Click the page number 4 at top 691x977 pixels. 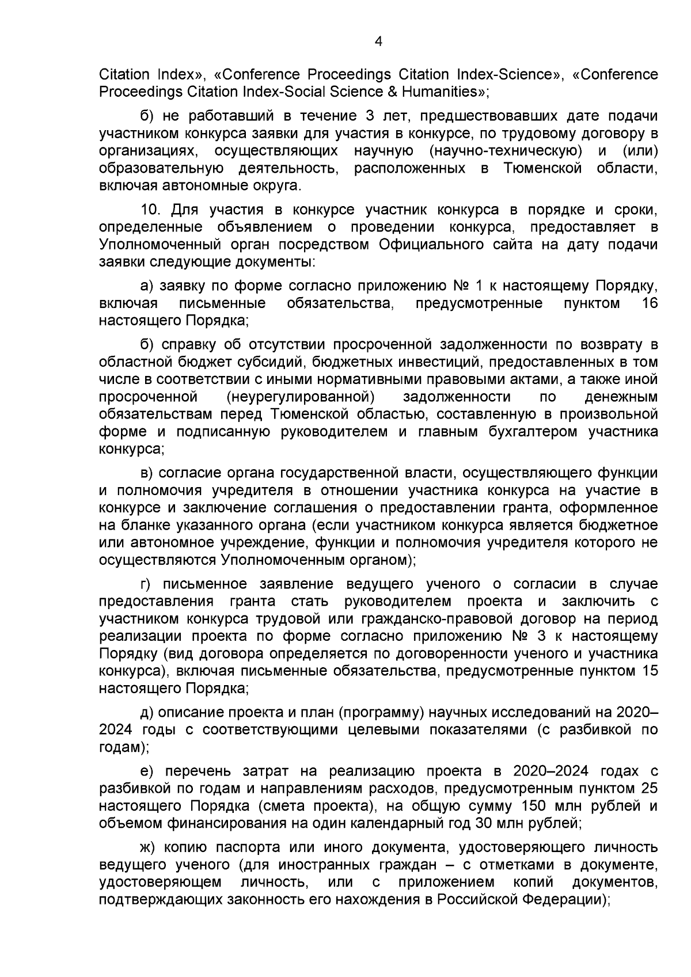378,41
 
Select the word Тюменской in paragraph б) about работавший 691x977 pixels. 542,169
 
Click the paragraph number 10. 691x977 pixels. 151,209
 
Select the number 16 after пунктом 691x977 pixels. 649,303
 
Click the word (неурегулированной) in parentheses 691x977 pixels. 301,397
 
